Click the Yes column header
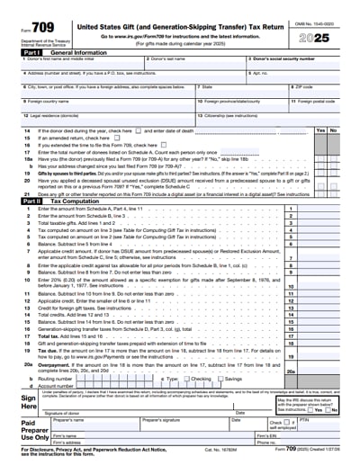(320, 130)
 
